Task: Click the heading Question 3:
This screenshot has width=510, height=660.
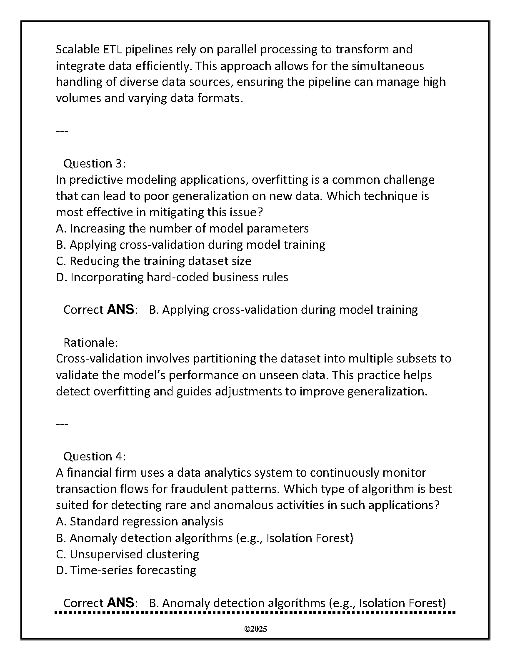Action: pyautogui.click(x=94, y=163)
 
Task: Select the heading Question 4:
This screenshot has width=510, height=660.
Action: pyautogui.click(x=94, y=456)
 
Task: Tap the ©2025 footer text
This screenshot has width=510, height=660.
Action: pyautogui.click(x=255, y=629)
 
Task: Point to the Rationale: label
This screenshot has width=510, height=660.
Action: pyautogui.click(x=90, y=342)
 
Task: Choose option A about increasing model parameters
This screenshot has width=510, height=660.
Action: pyautogui.click(x=182, y=228)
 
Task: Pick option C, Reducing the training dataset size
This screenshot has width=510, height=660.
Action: pyautogui.click(x=153, y=261)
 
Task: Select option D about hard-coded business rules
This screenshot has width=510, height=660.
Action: pyautogui.click(x=172, y=277)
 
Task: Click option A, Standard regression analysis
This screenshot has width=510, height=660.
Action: pyautogui.click(x=139, y=521)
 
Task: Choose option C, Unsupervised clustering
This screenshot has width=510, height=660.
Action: pyautogui.click(x=127, y=554)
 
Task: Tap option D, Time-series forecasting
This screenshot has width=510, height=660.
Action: pyautogui.click(x=126, y=570)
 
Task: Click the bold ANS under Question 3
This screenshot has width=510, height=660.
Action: pyautogui.click(x=121, y=310)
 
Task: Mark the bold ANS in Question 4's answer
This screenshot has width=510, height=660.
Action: pyautogui.click(x=121, y=602)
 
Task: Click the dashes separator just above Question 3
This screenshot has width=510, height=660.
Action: pyautogui.click(x=62, y=131)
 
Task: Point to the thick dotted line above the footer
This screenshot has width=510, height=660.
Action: pyautogui.click(x=255, y=613)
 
